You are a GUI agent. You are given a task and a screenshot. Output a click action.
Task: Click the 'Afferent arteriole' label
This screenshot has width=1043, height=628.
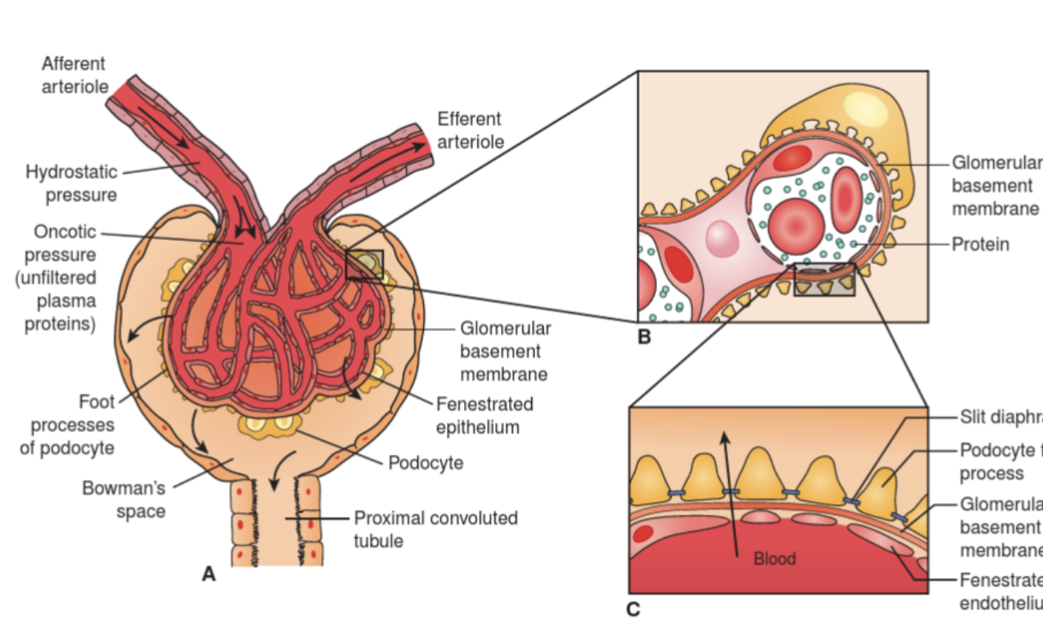click(x=74, y=75)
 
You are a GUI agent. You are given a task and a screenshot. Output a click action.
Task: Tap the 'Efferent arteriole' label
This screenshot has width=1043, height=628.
click(x=470, y=130)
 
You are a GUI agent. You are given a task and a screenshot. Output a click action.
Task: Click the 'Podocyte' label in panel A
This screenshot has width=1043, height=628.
click(x=426, y=462)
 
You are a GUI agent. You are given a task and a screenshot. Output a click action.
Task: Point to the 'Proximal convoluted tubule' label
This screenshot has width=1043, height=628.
click(x=435, y=529)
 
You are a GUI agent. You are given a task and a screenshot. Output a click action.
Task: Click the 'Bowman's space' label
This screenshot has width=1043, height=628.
click(x=124, y=499)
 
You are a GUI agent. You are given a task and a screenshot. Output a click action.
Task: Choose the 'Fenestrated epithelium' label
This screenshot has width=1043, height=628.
click(x=484, y=416)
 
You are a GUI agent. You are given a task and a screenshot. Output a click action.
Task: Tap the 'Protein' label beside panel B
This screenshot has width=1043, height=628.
click(x=980, y=244)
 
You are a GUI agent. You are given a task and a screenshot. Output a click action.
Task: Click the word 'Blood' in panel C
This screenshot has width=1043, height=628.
click(x=775, y=558)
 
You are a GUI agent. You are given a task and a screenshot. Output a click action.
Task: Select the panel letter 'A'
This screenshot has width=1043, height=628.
click(x=209, y=575)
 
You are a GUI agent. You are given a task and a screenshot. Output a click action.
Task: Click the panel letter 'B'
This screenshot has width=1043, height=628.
click(x=644, y=336)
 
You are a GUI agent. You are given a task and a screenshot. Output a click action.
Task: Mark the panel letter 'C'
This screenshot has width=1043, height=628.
click(x=632, y=608)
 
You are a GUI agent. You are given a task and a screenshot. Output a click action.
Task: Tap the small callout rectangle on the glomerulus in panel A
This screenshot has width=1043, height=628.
click(x=364, y=265)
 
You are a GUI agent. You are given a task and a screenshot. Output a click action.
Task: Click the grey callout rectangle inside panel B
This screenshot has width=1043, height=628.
click(x=824, y=280)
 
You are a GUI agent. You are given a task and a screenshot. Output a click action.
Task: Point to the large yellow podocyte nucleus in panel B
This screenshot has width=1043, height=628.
click(x=861, y=107)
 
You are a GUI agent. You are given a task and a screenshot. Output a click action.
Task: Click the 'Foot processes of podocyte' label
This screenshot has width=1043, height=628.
click(x=67, y=425)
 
